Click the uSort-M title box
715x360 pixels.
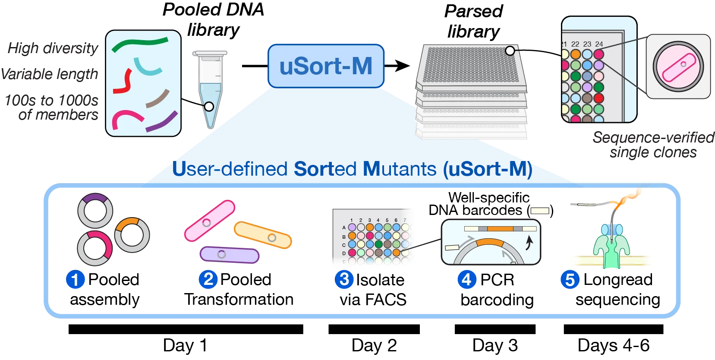click(x=326, y=66)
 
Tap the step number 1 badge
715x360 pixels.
click(x=75, y=280)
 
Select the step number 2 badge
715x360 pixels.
click(x=208, y=279)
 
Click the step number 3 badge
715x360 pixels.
click(x=344, y=279)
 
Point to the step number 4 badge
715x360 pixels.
click(x=466, y=279)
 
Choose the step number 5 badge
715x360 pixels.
click(x=570, y=280)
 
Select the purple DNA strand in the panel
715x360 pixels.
click(x=162, y=122)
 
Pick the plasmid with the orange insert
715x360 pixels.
click(x=132, y=234)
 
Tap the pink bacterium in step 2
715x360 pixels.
click(x=210, y=221)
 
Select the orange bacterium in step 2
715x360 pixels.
click(x=263, y=236)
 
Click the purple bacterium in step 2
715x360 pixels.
click(x=229, y=255)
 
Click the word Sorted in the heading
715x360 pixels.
click(x=325, y=169)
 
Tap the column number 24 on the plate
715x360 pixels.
click(x=599, y=44)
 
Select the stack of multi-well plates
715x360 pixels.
click(x=472, y=93)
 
